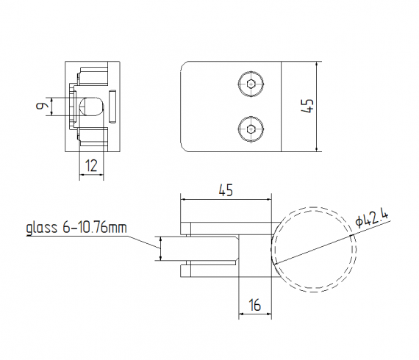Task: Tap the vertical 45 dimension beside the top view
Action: [309, 106]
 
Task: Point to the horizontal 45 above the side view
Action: [226, 190]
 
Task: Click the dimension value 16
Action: [254, 303]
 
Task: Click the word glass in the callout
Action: [41, 228]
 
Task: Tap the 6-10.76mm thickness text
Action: [94, 228]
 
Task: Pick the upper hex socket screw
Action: [251, 84]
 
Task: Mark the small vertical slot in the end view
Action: [112, 107]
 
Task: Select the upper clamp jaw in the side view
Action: [221, 227]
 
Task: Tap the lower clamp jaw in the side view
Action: [213, 270]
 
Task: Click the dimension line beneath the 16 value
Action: [255, 314]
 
